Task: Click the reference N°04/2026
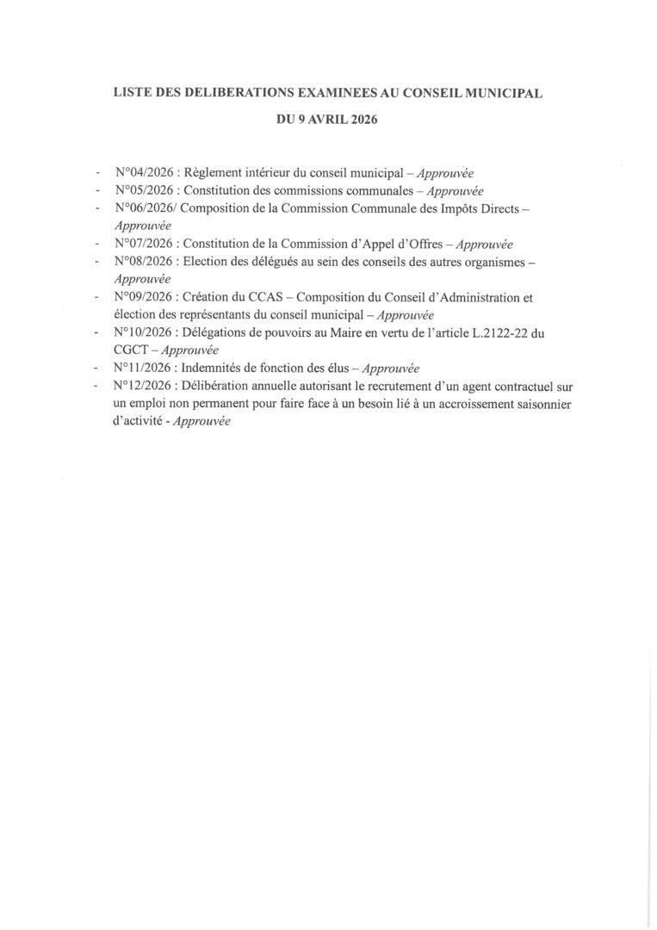[144, 172]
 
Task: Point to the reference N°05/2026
[144, 190]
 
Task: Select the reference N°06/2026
[144, 208]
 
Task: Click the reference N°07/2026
[144, 244]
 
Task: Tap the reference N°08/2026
[144, 261]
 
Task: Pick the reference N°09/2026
[144, 297]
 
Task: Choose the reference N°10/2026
[144, 332]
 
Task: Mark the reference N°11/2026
[144, 368]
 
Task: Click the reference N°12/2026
[144, 387]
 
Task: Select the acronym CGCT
[133, 350]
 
